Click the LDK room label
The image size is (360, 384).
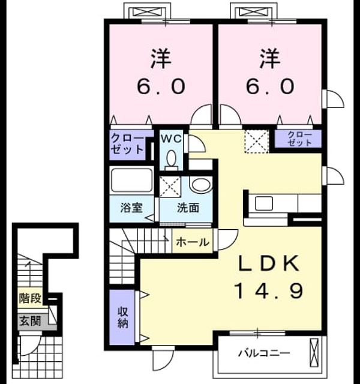(x=269, y=263)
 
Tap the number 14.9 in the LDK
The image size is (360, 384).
(x=269, y=290)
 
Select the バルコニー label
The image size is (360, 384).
(x=265, y=353)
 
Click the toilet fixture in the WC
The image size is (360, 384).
(x=171, y=160)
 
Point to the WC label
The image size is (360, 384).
(x=171, y=139)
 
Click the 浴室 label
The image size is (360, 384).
(x=131, y=208)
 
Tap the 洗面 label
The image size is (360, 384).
(x=188, y=208)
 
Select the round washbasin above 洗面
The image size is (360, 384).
(x=202, y=185)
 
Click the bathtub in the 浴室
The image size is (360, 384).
(x=131, y=181)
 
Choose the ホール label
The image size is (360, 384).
(x=193, y=242)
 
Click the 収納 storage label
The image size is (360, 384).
(x=122, y=317)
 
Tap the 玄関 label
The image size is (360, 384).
(x=30, y=321)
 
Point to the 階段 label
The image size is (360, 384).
(x=30, y=298)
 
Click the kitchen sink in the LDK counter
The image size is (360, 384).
(x=264, y=203)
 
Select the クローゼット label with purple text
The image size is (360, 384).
(x=300, y=139)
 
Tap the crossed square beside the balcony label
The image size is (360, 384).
(x=314, y=353)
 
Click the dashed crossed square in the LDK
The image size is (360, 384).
(x=257, y=142)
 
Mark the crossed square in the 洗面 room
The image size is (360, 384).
(x=170, y=187)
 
